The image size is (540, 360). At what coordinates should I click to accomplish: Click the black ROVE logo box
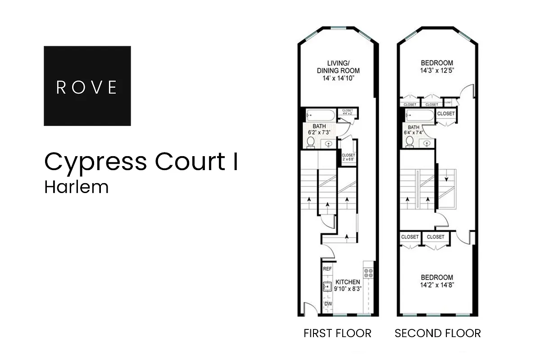(87, 86)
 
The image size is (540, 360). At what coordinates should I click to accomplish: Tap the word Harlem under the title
(76, 187)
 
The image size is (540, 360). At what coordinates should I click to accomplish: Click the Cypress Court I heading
(141, 162)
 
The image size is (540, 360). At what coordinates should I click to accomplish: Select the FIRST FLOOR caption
(337, 333)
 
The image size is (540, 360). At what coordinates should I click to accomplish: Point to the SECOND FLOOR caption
(437, 333)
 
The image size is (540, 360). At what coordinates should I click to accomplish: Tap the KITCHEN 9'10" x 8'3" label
(347, 285)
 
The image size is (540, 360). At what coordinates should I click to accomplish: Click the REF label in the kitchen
(327, 269)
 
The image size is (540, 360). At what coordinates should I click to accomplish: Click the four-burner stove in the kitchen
(368, 272)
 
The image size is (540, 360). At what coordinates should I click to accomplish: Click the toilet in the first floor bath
(310, 142)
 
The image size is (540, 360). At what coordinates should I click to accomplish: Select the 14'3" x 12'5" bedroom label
(437, 67)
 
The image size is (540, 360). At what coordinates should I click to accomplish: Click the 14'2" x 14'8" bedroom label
(437, 281)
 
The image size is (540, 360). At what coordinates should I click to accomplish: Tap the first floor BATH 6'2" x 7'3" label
(319, 130)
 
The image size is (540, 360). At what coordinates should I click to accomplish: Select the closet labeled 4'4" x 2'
(347, 112)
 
